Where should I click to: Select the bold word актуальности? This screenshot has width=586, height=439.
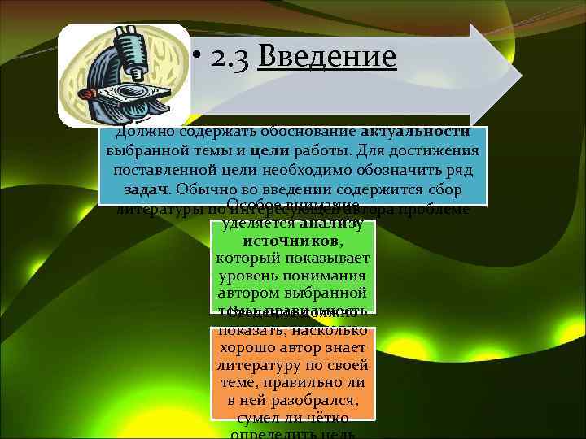point(414,133)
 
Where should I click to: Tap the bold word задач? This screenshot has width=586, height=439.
point(147,191)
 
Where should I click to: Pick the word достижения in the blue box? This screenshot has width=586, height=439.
point(436,152)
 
